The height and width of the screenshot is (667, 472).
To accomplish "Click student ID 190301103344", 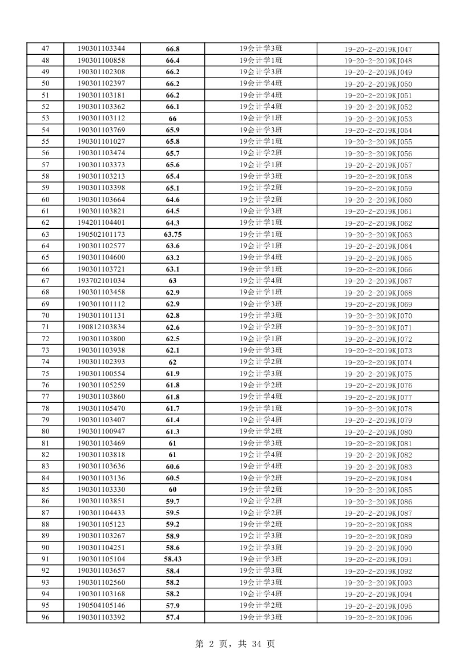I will [102, 49].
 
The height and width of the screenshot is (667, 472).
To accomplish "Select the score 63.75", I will [172, 235].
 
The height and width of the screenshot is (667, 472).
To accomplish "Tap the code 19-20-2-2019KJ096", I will [378, 618].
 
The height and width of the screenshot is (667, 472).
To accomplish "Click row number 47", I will [45, 49].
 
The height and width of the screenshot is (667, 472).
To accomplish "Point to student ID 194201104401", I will [102, 223].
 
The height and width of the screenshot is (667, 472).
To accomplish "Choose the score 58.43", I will [172, 559].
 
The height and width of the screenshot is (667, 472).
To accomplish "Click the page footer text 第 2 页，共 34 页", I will [235, 644].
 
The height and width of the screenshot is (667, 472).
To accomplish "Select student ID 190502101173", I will [102, 235].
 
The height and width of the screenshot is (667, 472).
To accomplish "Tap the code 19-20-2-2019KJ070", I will [378, 316].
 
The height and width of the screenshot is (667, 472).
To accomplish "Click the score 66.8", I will [172, 49].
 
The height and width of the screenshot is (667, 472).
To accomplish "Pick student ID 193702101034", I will [102, 281].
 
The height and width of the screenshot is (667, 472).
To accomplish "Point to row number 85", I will [45, 490].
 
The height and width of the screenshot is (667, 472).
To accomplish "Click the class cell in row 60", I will [261, 200].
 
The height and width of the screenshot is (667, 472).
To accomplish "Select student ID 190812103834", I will [102, 327].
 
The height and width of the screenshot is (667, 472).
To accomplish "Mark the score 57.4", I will [172, 617].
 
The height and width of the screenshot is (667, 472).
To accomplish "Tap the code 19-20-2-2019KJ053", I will [378, 119].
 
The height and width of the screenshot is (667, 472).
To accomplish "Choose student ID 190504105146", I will [102, 605].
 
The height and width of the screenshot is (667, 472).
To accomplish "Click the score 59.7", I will [172, 502].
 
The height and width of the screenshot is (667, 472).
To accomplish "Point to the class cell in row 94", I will [261, 594].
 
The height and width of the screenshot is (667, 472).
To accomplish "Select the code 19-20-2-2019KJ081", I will [378, 443].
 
